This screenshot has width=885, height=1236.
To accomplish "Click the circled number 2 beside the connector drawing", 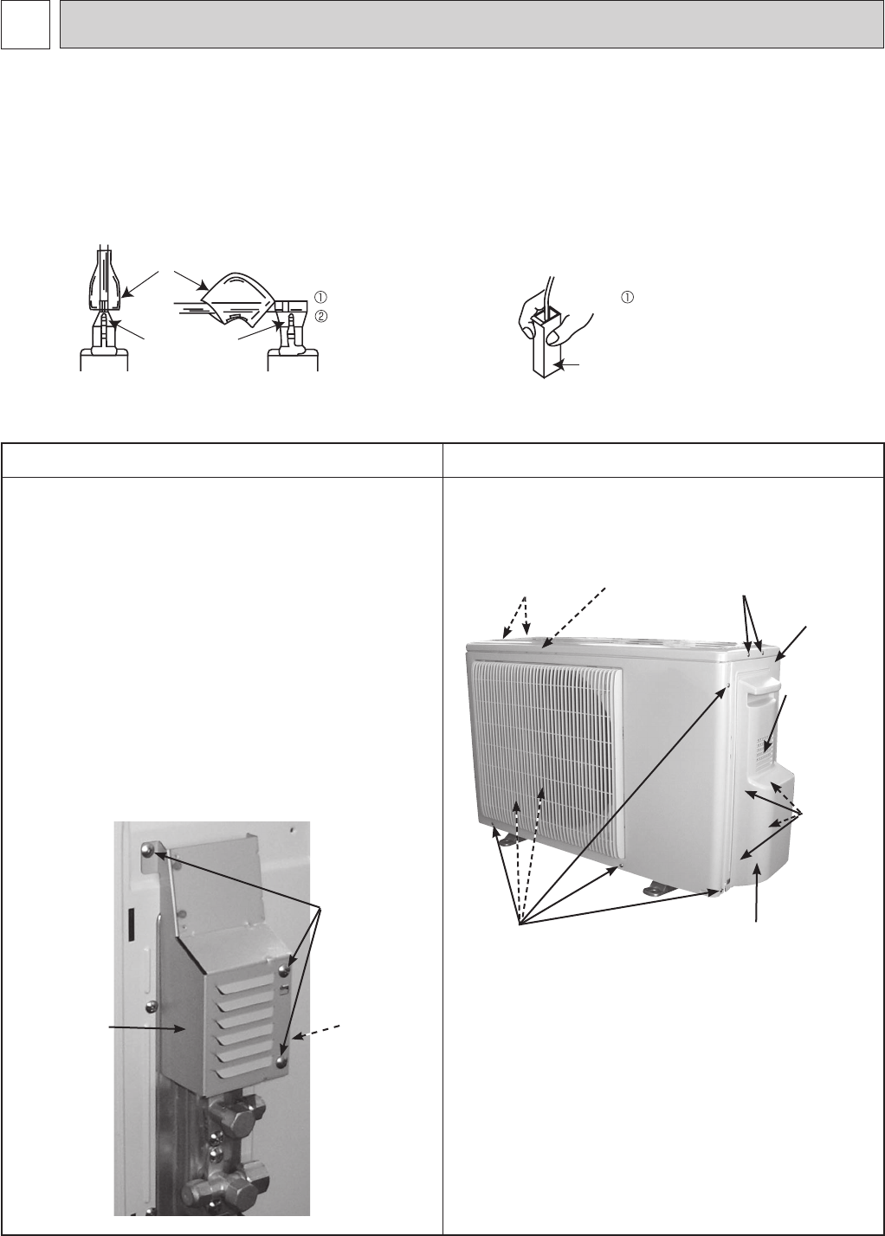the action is (320, 316).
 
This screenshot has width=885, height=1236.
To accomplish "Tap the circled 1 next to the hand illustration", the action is (627, 297).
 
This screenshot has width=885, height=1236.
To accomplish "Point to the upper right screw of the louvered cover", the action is (284, 969).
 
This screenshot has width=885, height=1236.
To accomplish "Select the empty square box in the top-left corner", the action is (25, 24).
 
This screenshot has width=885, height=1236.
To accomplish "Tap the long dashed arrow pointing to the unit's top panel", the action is (575, 617).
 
